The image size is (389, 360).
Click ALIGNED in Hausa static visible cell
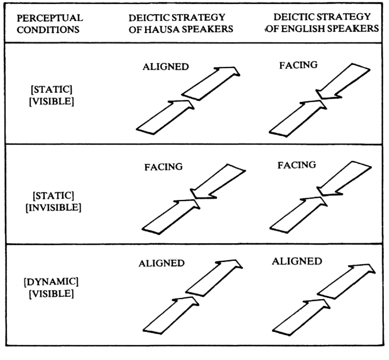(165, 67)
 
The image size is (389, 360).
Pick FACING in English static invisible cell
(296, 165)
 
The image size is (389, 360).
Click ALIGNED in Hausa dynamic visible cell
(161, 264)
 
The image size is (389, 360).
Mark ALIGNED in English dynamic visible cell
(297, 261)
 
